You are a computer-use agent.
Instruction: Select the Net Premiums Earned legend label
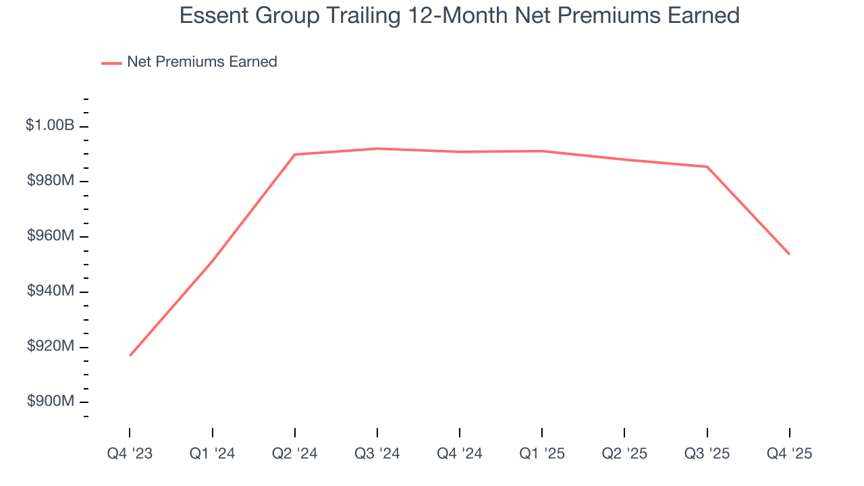coord(202,62)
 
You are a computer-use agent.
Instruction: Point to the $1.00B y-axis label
coord(49,126)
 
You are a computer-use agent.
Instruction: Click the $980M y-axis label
coord(51,181)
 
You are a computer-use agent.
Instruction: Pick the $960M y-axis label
coord(51,236)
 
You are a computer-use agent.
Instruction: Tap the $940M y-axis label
coord(51,291)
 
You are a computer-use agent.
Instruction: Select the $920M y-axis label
coord(51,346)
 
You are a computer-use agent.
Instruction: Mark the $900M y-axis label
coord(51,401)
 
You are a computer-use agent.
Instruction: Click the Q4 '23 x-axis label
coord(130,454)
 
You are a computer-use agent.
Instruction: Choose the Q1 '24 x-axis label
coord(212,454)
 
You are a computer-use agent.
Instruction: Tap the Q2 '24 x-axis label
coord(294,454)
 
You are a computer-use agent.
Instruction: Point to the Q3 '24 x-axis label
coord(377,454)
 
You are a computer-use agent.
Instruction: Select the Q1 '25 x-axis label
coord(541,454)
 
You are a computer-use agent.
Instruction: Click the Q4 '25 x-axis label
coord(789,454)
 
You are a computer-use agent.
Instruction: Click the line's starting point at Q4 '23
coord(130,356)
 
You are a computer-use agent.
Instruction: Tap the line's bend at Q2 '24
coord(295,155)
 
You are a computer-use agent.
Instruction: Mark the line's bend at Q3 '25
coord(707,167)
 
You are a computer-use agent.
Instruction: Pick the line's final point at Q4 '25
coord(789,254)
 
